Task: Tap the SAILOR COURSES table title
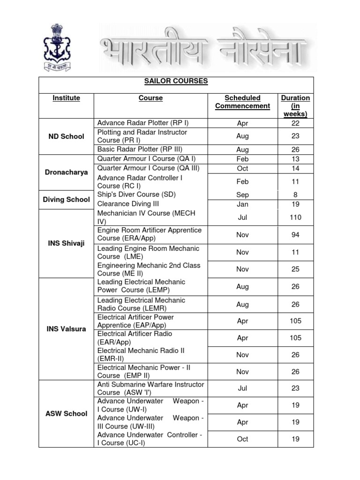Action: coord(176,82)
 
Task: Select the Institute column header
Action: coord(66,98)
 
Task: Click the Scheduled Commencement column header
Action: coord(242,102)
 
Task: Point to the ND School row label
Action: coord(66,136)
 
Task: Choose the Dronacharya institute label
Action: coord(66,172)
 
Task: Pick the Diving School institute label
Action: coord(66,199)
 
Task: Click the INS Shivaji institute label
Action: coord(66,244)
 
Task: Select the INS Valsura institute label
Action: coord(66,329)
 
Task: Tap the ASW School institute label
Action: coord(66,413)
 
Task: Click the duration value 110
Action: coord(295,217)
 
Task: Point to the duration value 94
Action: coord(295,235)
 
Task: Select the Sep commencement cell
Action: coord(242,195)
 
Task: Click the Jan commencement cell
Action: coord(242,204)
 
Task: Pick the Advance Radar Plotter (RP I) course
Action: coord(139,123)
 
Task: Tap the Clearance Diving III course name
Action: coord(128,204)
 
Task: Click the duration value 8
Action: coord(295,195)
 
